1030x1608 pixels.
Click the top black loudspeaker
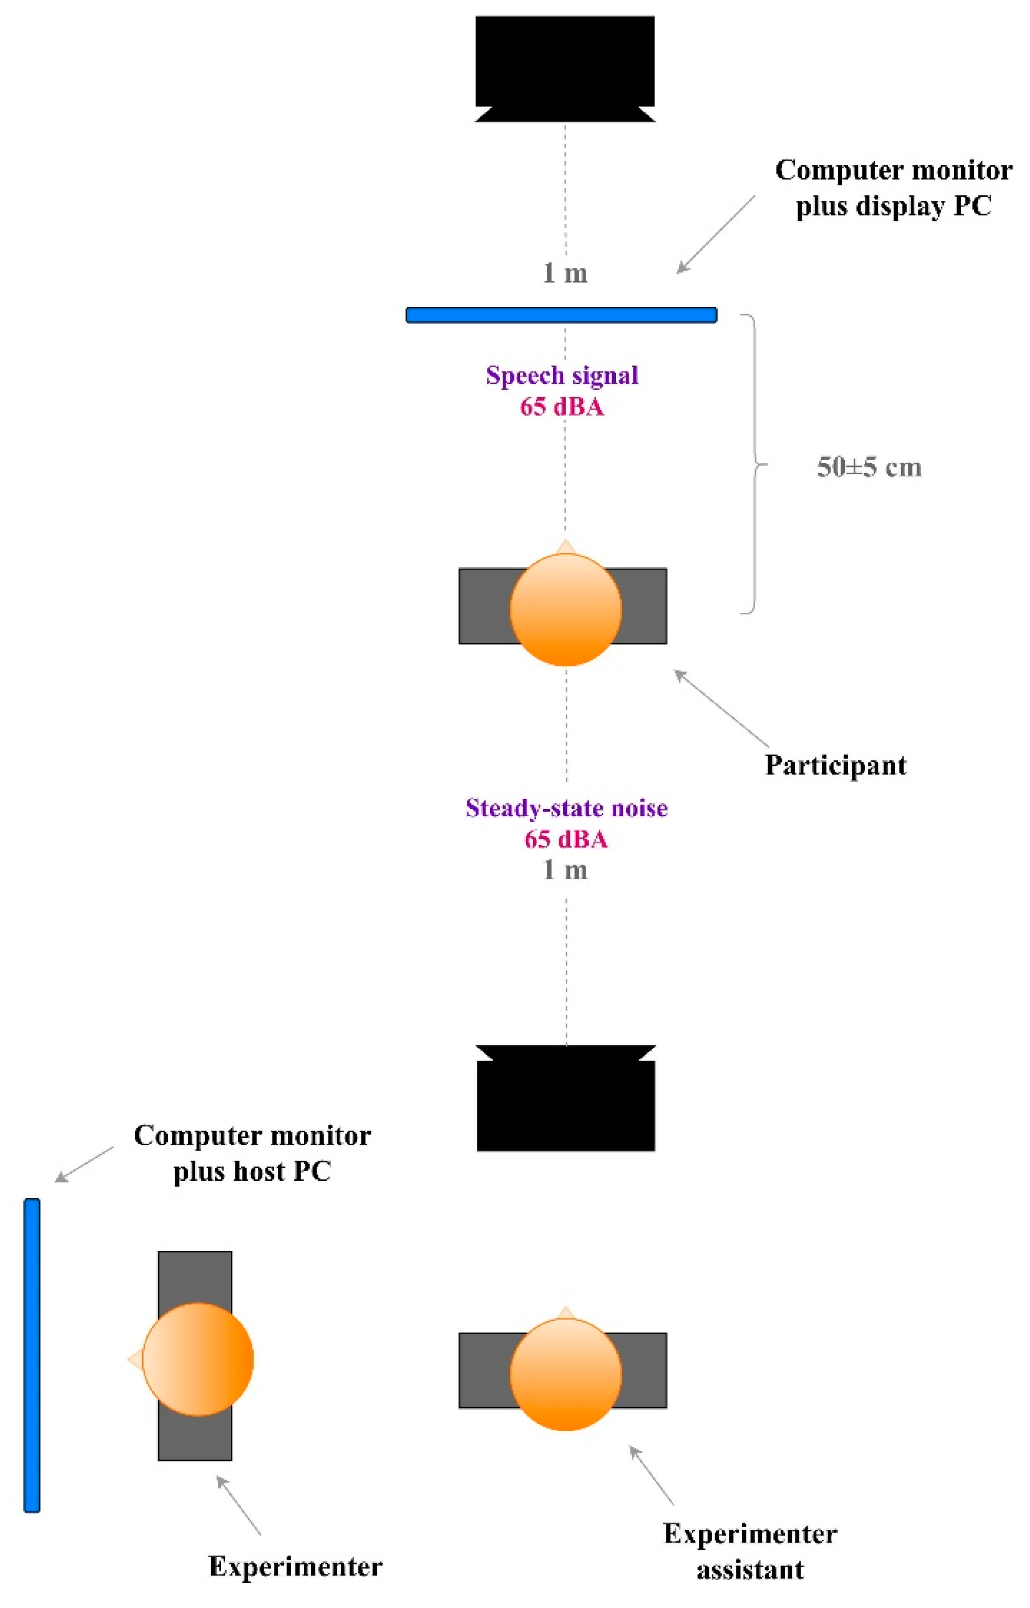pyautogui.click(x=565, y=63)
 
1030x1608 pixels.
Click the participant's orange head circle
pyautogui.click(x=565, y=610)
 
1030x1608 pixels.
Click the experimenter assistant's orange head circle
pyautogui.click(x=565, y=1375)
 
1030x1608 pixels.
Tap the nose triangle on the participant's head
pyautogui.click(x=565, y=547)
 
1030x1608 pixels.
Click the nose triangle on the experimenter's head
pyautogui.click(x=135, y=1359)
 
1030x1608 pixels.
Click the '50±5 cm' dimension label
pyautogui.click(x=869, y=467)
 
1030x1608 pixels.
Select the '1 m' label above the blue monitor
pyautogui.click(x=565, y=273)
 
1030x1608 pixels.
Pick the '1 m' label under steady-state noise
pyautogui.click(x=565, y=870)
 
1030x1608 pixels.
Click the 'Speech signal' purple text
pyautogui.click(x=562, y=375)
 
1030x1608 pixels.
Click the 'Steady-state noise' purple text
pyautogui.click(x=567, y=808)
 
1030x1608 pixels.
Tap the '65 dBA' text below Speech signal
pyautogui.click(x=562, y=407)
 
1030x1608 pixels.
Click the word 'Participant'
pyautogui.click(x=835, y=765)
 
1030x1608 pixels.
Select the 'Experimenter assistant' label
pyautogui.click(x=750, y=1550)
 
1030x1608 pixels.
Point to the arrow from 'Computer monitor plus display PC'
pyautogui.click(x=716, y=234)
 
